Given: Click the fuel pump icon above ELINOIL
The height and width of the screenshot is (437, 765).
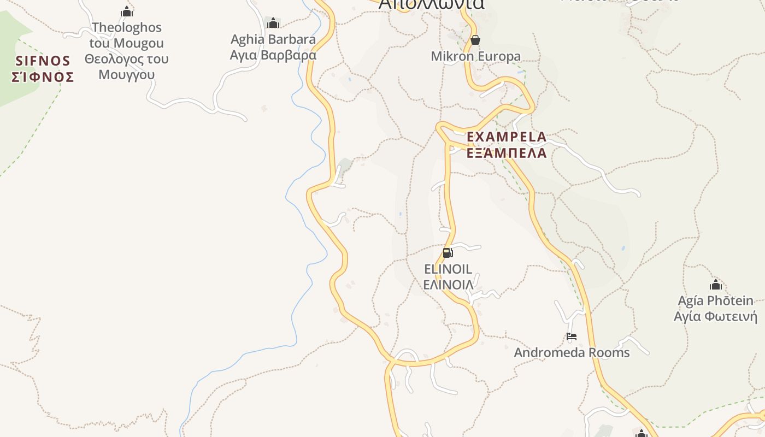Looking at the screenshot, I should (448, 253).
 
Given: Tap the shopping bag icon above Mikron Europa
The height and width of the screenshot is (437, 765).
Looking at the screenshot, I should (475, 40).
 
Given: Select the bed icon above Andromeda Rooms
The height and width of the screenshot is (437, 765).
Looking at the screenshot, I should (572, 336).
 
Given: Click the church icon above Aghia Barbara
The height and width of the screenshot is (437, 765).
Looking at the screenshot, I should (273, 23).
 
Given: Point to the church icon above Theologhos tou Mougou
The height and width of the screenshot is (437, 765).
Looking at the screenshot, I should (127, 11).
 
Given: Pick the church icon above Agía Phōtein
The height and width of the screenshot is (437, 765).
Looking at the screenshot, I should (715, 285).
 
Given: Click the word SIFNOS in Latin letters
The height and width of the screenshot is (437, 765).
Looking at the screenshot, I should (43, 61).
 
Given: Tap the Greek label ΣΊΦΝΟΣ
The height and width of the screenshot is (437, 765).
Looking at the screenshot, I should (43, 77).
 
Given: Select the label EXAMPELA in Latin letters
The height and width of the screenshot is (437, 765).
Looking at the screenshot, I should (507, 137).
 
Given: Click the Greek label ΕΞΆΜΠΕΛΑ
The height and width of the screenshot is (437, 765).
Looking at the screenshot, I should (507, 153).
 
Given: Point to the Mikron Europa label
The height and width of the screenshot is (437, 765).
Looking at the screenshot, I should (476, 56).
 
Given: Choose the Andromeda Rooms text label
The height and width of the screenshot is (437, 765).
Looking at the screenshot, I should (572, 353).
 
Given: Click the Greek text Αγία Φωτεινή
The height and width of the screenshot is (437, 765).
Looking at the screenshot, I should (715, 317).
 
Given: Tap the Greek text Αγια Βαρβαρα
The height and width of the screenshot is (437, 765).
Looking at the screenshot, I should (273, 55).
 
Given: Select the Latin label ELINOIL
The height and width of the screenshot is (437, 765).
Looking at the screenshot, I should (448, 269).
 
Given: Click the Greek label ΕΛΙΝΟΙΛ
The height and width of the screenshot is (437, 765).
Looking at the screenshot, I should (448, 285).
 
